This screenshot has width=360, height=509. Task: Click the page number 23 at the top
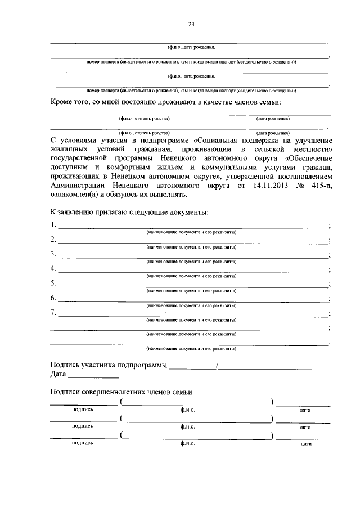tap(191, 25)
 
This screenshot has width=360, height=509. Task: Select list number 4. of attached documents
tap(53, 268)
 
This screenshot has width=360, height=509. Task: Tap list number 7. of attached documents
tap(53, 312)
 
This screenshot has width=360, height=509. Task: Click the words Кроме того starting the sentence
tap(72, 101)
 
